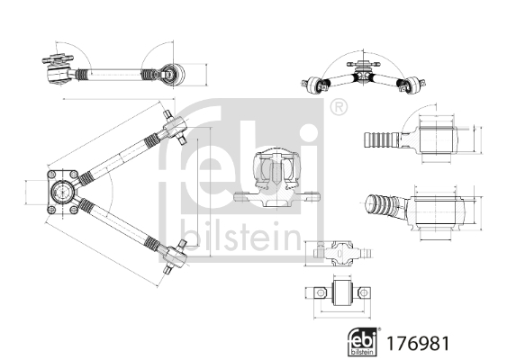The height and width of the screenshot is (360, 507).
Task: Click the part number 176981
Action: (418, 343)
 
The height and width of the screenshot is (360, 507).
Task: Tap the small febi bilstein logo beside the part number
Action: (363, 342)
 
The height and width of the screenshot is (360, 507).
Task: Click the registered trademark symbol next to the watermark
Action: (339, 108)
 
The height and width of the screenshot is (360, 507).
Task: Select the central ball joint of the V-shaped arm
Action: (62, 192)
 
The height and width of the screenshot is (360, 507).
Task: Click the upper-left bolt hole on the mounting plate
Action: (51, 175)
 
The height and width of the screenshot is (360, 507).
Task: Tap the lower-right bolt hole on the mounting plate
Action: (74, 211)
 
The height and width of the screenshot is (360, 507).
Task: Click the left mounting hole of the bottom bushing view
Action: (320, 292)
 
